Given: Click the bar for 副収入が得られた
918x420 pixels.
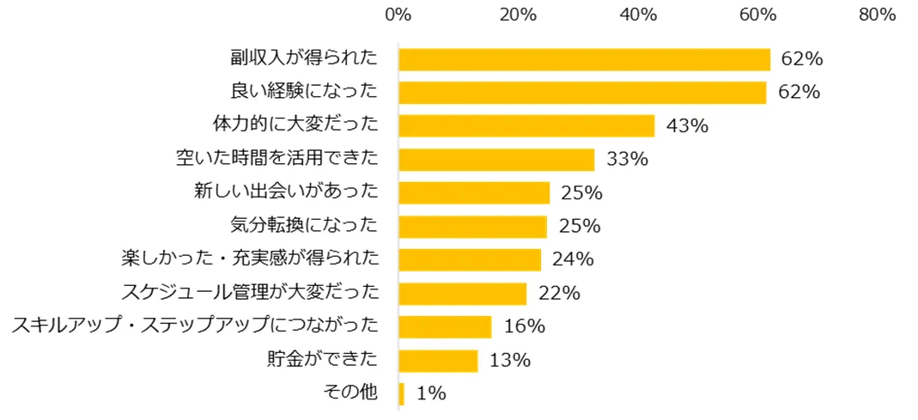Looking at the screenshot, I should coord(584,59).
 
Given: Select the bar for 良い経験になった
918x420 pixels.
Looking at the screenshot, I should coord(582,93).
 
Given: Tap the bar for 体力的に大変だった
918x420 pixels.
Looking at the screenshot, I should coord(526,126).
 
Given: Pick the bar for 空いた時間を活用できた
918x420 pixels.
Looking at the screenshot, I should coord(496,160).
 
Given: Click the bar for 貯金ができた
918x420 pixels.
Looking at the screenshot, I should coord(438,361).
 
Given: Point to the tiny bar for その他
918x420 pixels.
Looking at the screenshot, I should coord(401,394).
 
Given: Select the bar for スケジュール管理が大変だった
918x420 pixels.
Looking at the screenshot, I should coord(462,294).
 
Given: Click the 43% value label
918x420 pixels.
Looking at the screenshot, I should coord(687,126).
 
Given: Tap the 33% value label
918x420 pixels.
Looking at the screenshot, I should coord(627,160).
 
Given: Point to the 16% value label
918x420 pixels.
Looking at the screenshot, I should coord(525,327).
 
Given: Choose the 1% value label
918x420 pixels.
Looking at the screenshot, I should coord(431,394).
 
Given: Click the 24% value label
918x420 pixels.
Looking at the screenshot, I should coord(574,260).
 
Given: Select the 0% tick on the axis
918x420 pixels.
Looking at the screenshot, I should coord(398,15).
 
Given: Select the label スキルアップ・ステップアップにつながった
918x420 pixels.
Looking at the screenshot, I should coord(194,326).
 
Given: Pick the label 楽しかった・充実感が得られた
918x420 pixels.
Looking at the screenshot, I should coord(250,259).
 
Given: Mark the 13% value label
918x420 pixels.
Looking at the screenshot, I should coord(510,361).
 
